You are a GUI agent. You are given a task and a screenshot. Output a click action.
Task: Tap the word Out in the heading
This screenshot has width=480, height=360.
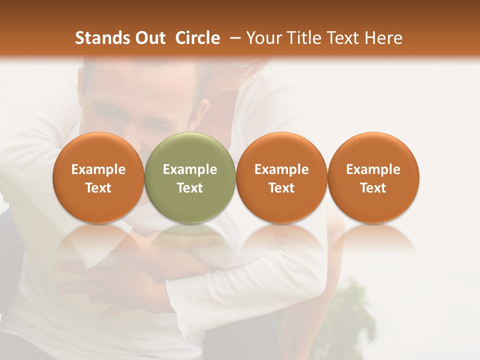coord(149,38)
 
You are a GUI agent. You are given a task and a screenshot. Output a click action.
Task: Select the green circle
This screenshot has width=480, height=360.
coord(190,177)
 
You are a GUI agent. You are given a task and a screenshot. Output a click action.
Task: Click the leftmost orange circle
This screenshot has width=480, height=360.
coord(98,177)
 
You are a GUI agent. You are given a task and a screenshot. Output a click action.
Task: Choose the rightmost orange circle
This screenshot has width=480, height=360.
coord(373,177)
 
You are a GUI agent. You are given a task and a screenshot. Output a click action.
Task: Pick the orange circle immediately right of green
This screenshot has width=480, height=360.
coord(281,177)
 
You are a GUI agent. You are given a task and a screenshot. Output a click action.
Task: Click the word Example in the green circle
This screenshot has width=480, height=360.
coord(190,169)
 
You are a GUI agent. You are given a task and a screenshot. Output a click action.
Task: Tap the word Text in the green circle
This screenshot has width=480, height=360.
coord(190,187)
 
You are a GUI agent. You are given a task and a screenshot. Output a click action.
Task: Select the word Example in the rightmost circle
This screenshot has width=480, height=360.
coord(373,169)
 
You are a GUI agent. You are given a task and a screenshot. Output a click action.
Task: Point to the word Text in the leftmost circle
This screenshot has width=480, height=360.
coord(98,187)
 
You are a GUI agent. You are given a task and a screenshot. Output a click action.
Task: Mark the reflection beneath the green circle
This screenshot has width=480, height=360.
coord(190,237)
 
